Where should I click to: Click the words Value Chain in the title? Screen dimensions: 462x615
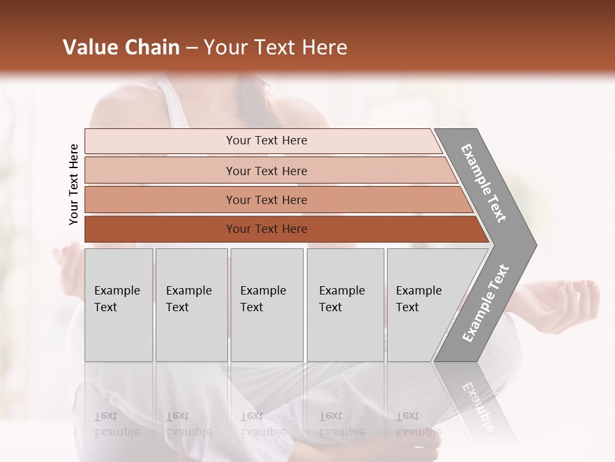pos(121,47)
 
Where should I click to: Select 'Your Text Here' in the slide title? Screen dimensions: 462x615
pos(275,47)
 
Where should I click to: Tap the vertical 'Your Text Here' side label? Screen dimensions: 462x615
pos(74,184)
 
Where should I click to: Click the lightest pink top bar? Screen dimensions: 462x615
pos(263,141)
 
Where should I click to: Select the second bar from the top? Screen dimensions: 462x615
pos(269,171)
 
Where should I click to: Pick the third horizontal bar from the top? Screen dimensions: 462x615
pos(275,200)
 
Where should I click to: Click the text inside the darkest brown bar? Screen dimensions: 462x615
pos(266,229)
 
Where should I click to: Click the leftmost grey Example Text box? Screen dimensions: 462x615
pos(119,305)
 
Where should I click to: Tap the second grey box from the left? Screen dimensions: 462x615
pos(191,305)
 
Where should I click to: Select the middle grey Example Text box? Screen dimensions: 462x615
pos(266,305)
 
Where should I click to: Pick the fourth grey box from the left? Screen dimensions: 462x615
pos(345,305)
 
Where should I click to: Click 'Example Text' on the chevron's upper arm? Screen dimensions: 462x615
pos(484,183)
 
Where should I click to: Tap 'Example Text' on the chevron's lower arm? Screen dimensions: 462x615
pos(486,303)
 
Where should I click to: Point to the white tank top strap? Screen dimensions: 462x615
pos(174,99)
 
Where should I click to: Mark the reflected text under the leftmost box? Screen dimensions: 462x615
pos(117,424)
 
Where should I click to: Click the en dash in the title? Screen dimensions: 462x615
pos(192,47)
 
